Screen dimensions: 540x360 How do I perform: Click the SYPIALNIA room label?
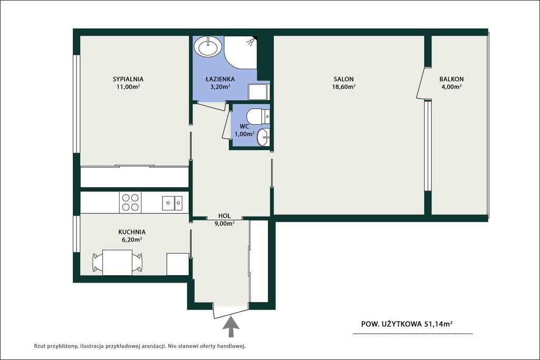click(x=128, y=79)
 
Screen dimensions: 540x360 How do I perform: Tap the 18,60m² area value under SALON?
click(x=344, y=87)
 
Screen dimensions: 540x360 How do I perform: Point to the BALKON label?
click(x=451, y=79)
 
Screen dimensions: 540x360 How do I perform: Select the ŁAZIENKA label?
click(x=220, y=79)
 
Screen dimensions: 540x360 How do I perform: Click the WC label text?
click(x=245, y=127)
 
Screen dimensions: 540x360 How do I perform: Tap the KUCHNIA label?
click(x=132, y=232)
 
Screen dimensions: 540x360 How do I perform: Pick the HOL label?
click(x=225, y=216)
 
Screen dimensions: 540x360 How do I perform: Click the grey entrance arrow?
click(x=231, y=326)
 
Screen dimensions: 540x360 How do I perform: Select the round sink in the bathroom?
click(x=208, y=46)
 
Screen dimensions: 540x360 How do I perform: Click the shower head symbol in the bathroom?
click(x=252, y=41)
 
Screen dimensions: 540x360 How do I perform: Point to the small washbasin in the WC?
click(x=264, y=137)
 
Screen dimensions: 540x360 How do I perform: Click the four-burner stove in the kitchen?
click(x=131, y=202)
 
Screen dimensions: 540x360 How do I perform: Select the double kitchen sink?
click(x=172, y=203)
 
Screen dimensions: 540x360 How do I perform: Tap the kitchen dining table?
click(x=118, y=262)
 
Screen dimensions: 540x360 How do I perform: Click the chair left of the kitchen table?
click(x=98, y=262)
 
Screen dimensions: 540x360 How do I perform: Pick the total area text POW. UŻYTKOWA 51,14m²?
click(x=407, y=324)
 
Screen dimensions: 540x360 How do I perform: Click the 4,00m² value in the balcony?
click(x=451, y=87)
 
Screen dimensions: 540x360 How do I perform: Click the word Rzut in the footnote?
click(x=40, y=346)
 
